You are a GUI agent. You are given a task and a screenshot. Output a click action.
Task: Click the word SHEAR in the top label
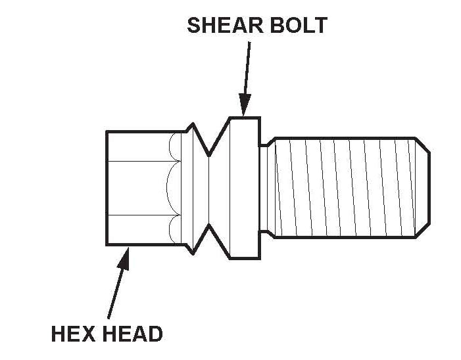click(x=220, y=26)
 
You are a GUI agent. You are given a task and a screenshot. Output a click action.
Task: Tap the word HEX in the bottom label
click(x=72, y=334)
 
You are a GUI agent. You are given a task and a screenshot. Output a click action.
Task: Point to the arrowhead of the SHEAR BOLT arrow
click(x=245, y=106)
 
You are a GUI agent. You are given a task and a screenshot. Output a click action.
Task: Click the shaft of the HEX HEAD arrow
click(x=115, y=289)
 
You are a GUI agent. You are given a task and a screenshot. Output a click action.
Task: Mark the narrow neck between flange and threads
click(x=266, y=188)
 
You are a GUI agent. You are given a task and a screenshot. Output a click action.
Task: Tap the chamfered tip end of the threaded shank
click(x=424, y=188)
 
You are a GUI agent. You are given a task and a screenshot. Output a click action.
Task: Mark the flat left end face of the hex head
click(x=107, y=188)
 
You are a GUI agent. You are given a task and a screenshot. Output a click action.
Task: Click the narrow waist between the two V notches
click(x=209, y=189)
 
